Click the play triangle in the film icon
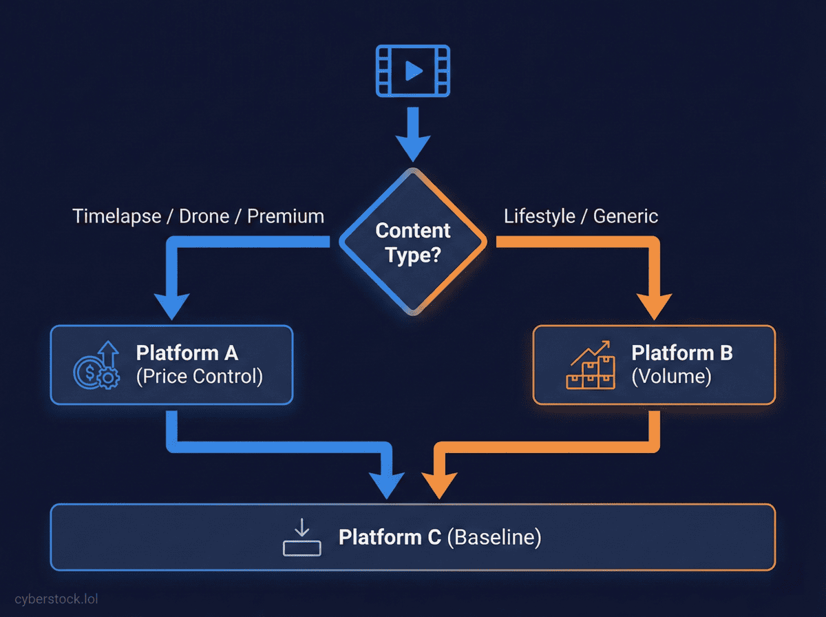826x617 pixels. [414, 71]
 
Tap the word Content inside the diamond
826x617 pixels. [413, 231]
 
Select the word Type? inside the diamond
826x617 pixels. [413, 255]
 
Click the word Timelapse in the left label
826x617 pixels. [116, 216]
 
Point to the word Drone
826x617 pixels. [204, 216]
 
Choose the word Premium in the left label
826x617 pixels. [286, 216]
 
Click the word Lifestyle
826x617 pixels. [540, 216]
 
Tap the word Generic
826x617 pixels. [626, 216]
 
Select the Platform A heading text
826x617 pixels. [187, 353]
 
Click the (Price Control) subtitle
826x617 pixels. [200, 377]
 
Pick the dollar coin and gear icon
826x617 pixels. [97, 365]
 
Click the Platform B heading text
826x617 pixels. [682, 353]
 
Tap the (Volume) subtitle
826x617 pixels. [671, 377]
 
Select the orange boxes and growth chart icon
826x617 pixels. [591, 365]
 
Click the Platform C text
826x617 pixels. [390, 537]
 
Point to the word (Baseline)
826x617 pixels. [494, 537]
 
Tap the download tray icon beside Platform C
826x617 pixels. [301, 537]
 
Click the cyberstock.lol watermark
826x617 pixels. [56, 599]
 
